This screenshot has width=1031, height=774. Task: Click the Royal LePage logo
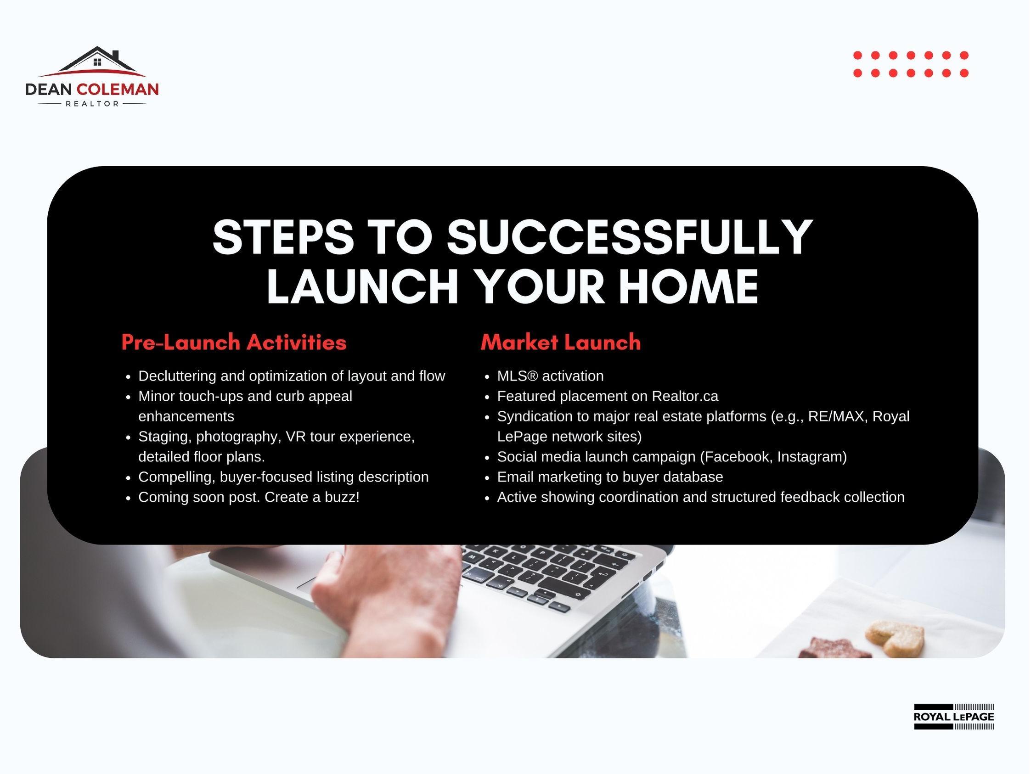[954, 717]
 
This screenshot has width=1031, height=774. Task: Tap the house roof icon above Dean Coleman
[92, 62]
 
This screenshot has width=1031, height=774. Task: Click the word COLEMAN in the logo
[118, 90]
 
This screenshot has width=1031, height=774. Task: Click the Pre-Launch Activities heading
[234, 342]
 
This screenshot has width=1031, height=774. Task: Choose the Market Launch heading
[561, 342]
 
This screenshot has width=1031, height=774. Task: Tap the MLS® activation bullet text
[550, 376]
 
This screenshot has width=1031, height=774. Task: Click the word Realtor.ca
[685, 396]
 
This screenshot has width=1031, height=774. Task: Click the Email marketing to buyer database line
[610, 477]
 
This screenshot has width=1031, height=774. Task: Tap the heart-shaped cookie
[895, 638]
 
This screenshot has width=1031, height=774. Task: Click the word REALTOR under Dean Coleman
[92, 104]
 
